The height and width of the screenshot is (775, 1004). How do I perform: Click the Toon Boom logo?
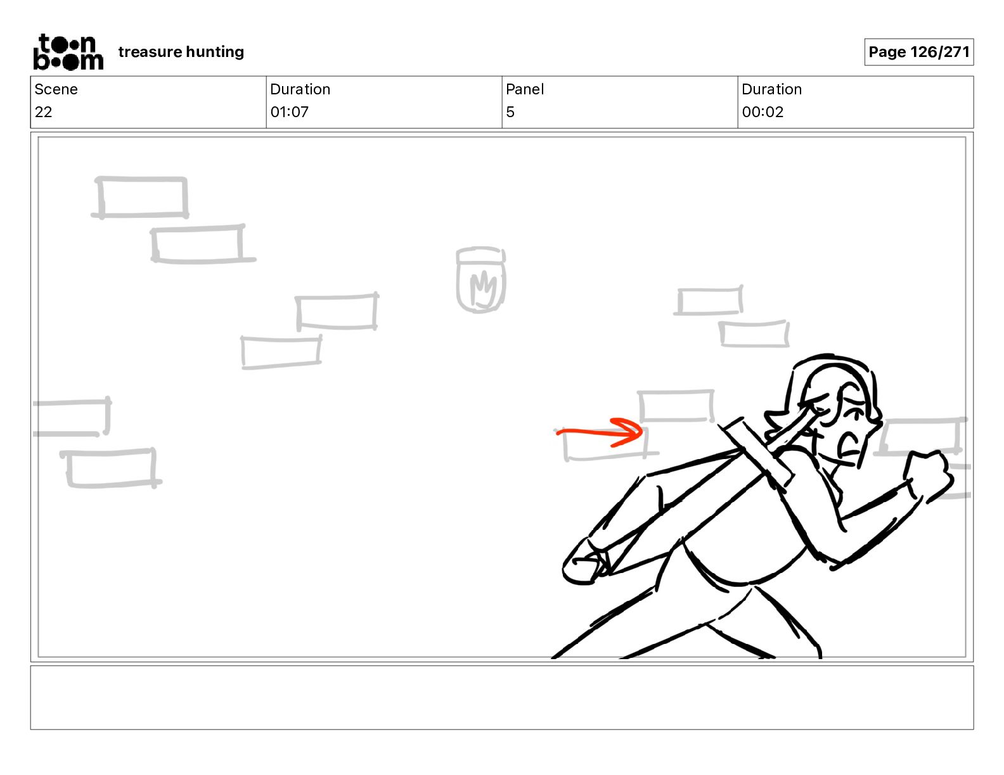click(x=68, y=52)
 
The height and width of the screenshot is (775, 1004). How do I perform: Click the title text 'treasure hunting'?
click(x=181, y=52)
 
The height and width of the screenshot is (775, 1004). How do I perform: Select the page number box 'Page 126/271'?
click(x=918, y=52)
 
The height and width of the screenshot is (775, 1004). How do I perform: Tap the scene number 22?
click(x=43, y=111)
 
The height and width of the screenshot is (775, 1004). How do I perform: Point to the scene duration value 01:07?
click(x=289, y=111)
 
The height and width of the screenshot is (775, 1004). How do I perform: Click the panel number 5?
click(x=510, y=111)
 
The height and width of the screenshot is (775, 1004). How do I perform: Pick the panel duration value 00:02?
click(x=763, y=111)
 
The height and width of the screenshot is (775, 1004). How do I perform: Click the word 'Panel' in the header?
click(x=525, y=89)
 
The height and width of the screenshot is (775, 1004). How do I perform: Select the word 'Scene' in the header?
click(x=56, y=89)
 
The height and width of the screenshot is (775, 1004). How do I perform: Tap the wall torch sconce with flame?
click(x=480, y=280)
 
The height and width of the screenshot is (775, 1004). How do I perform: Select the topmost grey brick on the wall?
click(x=141, y=197)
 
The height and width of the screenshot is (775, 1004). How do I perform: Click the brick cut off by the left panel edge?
click(x=72, y=417)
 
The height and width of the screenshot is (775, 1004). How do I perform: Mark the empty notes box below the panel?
click(x=502, y=698)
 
